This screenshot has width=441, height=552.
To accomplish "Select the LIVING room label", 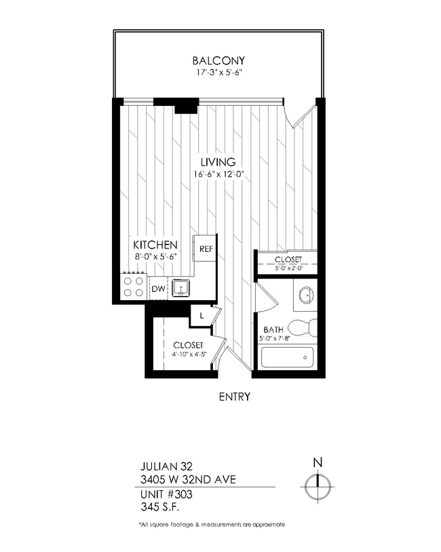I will point(218,162).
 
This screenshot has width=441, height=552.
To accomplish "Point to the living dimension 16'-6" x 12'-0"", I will point(218,174).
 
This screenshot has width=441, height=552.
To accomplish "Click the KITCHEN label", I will point(155,244).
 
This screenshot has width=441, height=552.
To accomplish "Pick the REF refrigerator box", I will point(206,249).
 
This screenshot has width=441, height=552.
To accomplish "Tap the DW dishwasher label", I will point(157,289).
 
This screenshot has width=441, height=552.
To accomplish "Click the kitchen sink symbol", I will point(181,289).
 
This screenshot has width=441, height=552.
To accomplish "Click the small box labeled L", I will point(202,315).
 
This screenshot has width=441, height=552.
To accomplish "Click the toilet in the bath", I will point(306,327).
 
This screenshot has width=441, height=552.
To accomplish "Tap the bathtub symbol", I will point(288,356).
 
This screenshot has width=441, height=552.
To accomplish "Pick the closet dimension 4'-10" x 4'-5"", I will point(188,355).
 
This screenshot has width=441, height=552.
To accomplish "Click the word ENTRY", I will point(235,397).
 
